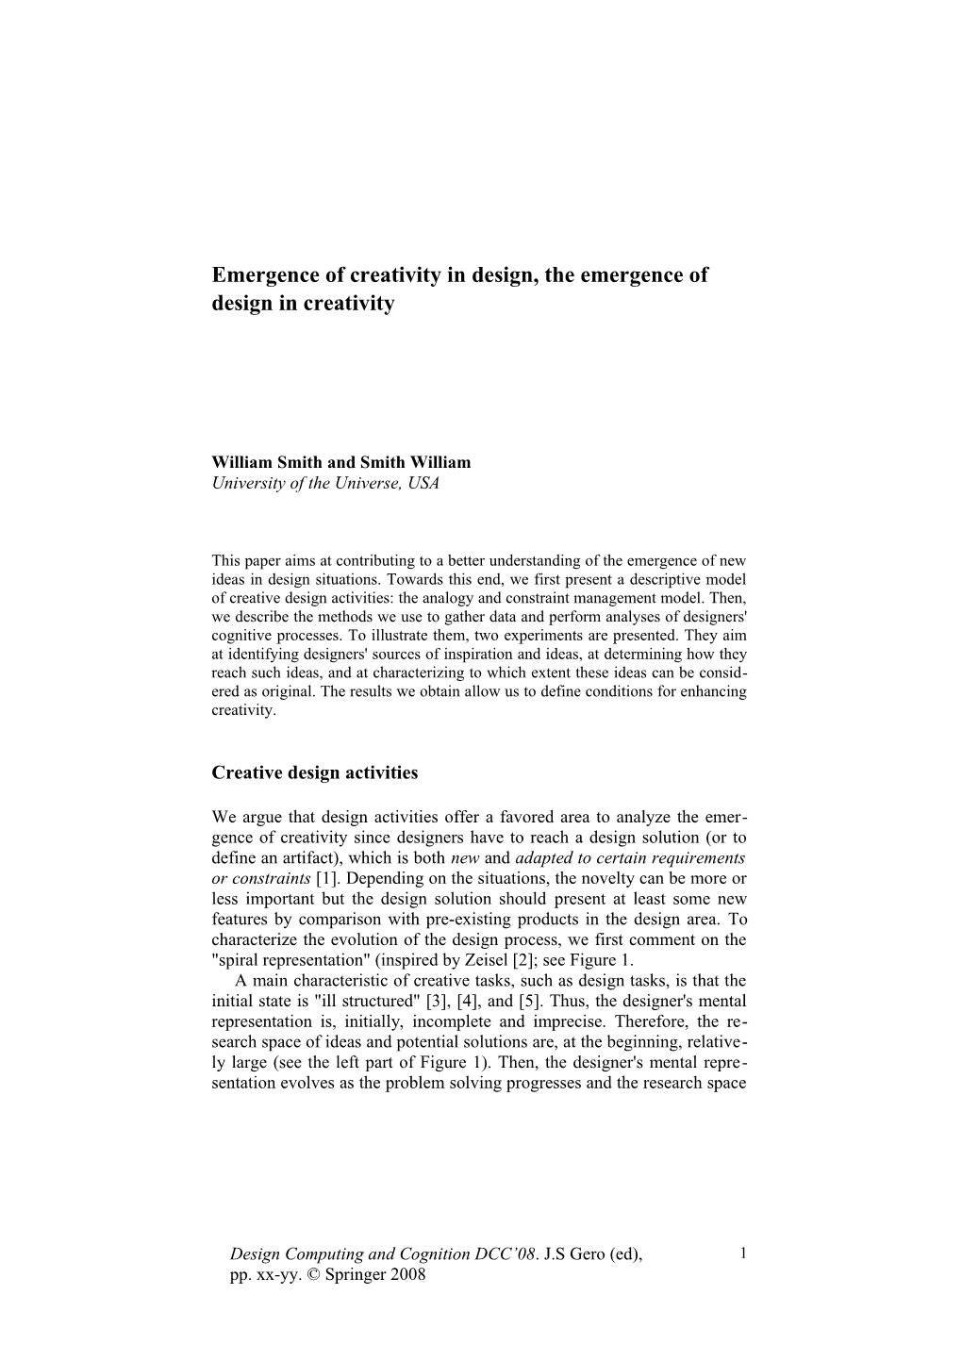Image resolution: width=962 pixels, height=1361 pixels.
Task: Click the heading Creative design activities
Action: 314,773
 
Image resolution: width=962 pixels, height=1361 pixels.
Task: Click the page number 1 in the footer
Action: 743,1253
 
